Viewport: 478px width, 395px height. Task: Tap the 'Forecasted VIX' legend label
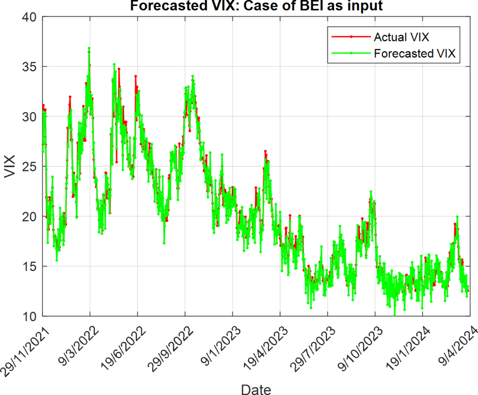414,54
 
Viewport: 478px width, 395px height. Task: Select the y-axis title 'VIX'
10,166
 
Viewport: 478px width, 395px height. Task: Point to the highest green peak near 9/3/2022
89,48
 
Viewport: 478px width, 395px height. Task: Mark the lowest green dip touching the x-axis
395,315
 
